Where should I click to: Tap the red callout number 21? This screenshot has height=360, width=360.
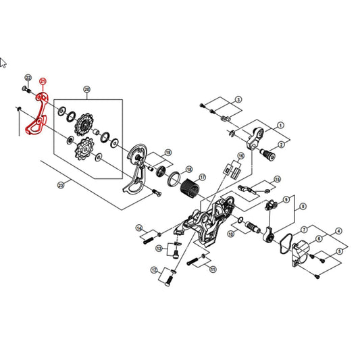44,81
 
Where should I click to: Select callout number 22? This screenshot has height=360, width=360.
28,78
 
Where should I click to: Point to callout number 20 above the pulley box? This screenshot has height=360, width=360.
86,90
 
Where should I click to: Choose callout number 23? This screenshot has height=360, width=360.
60,184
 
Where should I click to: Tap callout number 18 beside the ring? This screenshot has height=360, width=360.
188,170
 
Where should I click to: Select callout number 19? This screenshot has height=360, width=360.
168,153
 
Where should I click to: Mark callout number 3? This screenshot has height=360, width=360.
238,100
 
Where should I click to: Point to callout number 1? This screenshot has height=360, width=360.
280,125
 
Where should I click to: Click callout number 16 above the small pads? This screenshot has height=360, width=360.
240,155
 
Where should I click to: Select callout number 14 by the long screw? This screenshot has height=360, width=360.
139,228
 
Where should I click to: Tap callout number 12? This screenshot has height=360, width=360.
154,270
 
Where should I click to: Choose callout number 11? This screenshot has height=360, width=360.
213,268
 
